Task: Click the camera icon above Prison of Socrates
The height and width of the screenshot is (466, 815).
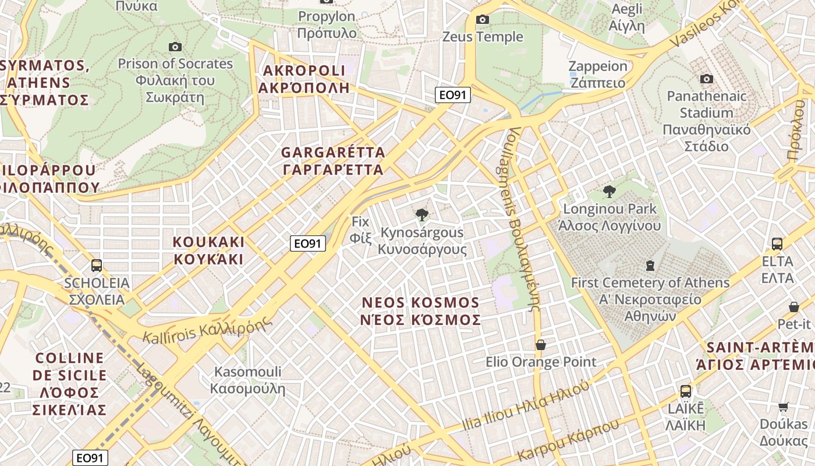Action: (x=175, y=47)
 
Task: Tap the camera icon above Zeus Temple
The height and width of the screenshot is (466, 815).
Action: (x=482, y=20)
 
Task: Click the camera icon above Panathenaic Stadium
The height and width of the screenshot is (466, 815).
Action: (x=706, y=79)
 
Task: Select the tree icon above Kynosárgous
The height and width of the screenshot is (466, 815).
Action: (x=422, y=215)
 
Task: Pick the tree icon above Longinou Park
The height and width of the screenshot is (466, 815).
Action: (x=609, y=191)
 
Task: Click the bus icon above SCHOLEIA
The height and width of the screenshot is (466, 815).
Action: (x=97, y=266)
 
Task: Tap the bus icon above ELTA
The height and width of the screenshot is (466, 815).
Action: (x=777, y=243)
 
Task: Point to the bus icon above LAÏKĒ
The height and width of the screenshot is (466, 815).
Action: (x=685, y=391)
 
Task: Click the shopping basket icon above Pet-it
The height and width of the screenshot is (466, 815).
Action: (x=793, y=306)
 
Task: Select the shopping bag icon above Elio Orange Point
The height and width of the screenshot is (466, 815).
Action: (x=540, y=345)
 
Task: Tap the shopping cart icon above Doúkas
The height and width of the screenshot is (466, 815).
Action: (x=783, y=407)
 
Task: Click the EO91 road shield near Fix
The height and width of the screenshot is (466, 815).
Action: (x=307, y=243)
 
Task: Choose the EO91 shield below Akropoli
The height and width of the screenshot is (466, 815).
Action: (x=452, y=95)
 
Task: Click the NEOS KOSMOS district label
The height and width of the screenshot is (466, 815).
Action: (x=420, y=311)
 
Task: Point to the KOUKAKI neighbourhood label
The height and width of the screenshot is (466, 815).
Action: (x=208, y=250)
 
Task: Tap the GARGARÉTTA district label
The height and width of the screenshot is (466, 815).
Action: (x=332, y=161)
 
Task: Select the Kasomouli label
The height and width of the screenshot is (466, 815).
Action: (x=247, y=380)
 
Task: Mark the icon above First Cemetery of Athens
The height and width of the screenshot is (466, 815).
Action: (x=650, y=266)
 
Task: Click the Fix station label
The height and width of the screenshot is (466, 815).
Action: (x=360, y=230)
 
